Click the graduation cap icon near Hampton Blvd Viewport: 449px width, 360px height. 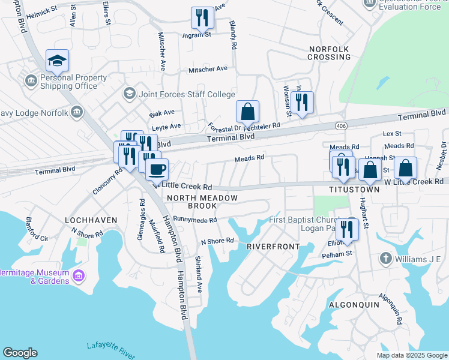[57, 61]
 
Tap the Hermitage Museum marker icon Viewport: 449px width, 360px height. [78, 275]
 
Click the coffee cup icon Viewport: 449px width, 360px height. [157, 170]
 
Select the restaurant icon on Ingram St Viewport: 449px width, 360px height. [202, 18]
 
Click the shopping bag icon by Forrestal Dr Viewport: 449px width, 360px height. [247, 112]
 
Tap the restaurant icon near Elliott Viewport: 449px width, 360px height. [346, 229]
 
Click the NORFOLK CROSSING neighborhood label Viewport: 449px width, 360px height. [329, 52]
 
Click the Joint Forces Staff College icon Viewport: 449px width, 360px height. [128, 94]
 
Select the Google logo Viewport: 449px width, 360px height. [20, 353]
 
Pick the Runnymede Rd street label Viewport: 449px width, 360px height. [194, 220]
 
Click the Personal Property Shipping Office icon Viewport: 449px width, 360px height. [31, 80]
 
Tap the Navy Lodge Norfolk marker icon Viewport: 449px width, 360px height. [76, 112]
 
